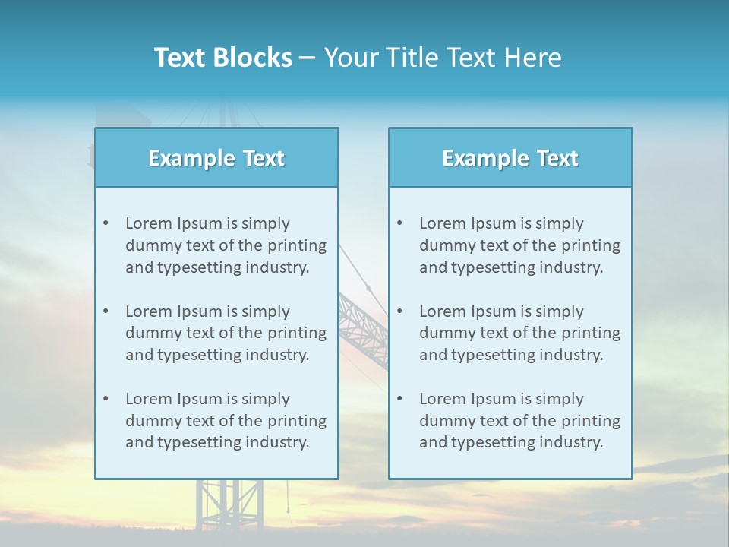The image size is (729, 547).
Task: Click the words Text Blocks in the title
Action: pos(222,58)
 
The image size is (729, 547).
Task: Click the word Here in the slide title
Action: pos(533,58)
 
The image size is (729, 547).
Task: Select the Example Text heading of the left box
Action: pos(216,158)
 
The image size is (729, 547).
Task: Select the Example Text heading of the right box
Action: pos(510,158)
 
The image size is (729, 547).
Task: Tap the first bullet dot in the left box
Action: pos(106,223)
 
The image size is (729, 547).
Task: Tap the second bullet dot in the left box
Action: pos(106,311)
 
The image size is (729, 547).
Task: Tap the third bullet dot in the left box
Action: pos(106,399)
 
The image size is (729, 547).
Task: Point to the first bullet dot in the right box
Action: pos(399,223)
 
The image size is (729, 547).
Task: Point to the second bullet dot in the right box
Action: pos(399,311)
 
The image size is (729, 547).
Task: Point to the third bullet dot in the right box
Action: pos(399,399)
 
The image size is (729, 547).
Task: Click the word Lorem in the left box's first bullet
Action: pos(148,223)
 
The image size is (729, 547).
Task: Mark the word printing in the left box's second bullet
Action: pos(298,333)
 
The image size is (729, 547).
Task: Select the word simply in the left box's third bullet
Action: pos(266,399)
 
